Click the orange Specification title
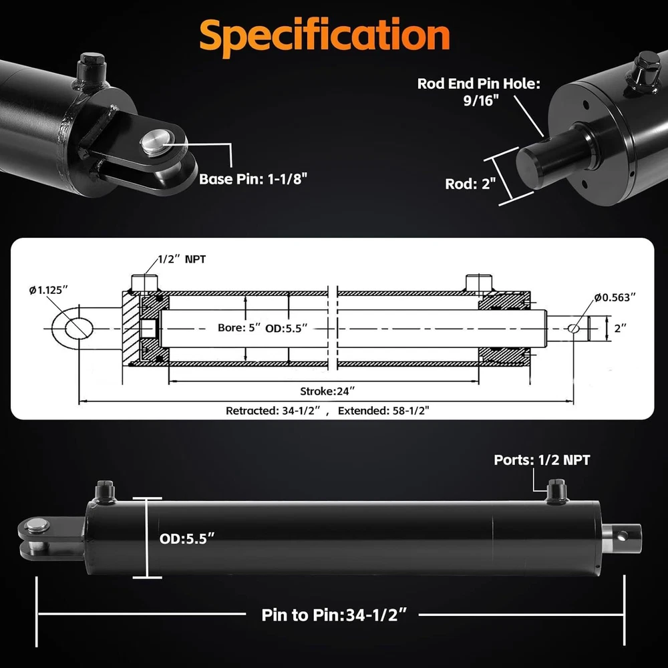tap(325, 36)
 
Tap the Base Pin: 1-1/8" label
tap(253, 179)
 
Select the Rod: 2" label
tap(470, 184)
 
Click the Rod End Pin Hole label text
tap(479, 92)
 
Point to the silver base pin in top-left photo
tap(156, 143)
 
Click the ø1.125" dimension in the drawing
tap(49, 290)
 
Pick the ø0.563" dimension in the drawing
tap(615, 297)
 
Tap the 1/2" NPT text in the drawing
tap(182, 259)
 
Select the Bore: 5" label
tap(238, 327)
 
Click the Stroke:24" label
tap(327, 391)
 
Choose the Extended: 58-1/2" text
tap(383, 411)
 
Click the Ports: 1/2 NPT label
tap(542, 460)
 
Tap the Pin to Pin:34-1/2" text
tap(334, 615)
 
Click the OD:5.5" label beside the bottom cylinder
tap(186, 538)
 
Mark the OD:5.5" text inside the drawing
tap(287, 329)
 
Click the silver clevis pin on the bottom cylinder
tap(37, 526)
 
